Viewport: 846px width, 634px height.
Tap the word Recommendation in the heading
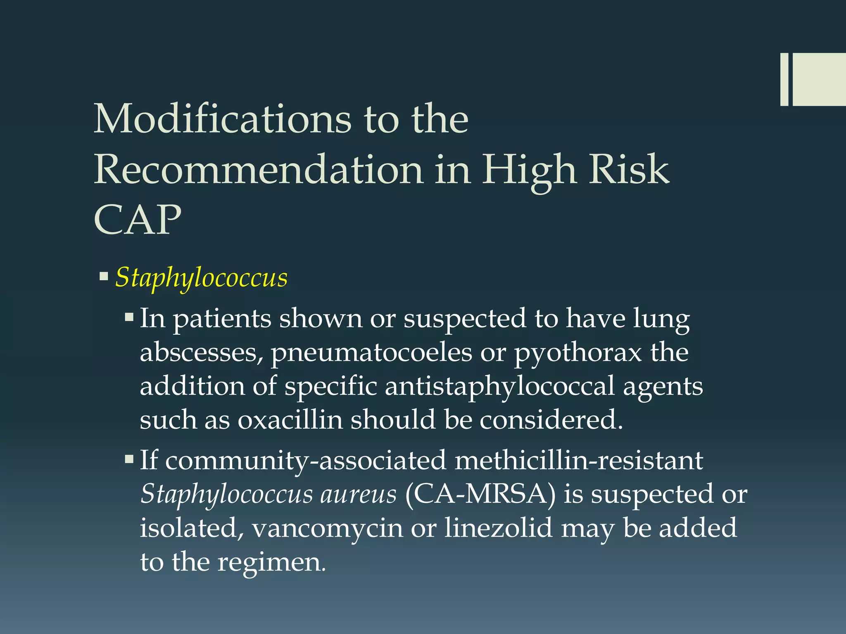click(x=259, y=169)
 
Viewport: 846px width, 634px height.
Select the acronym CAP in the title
click(x=138, y=220)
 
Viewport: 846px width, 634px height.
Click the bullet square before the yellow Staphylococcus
click(x=104, y=275)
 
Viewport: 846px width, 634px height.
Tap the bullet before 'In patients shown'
click(x=129, y=317)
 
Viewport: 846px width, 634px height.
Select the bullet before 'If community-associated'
click(x=129, y=459)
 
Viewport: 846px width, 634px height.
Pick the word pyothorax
click(x=578, y=353)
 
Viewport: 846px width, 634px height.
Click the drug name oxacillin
click(x=290, y=420)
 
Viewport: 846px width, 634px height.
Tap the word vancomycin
click(x=327, y=528)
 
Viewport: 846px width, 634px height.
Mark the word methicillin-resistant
click(x=579, y=460)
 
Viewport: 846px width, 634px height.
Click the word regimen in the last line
click(x=271, y=562)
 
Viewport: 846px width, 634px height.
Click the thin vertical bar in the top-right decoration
click(x=784, y=79)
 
